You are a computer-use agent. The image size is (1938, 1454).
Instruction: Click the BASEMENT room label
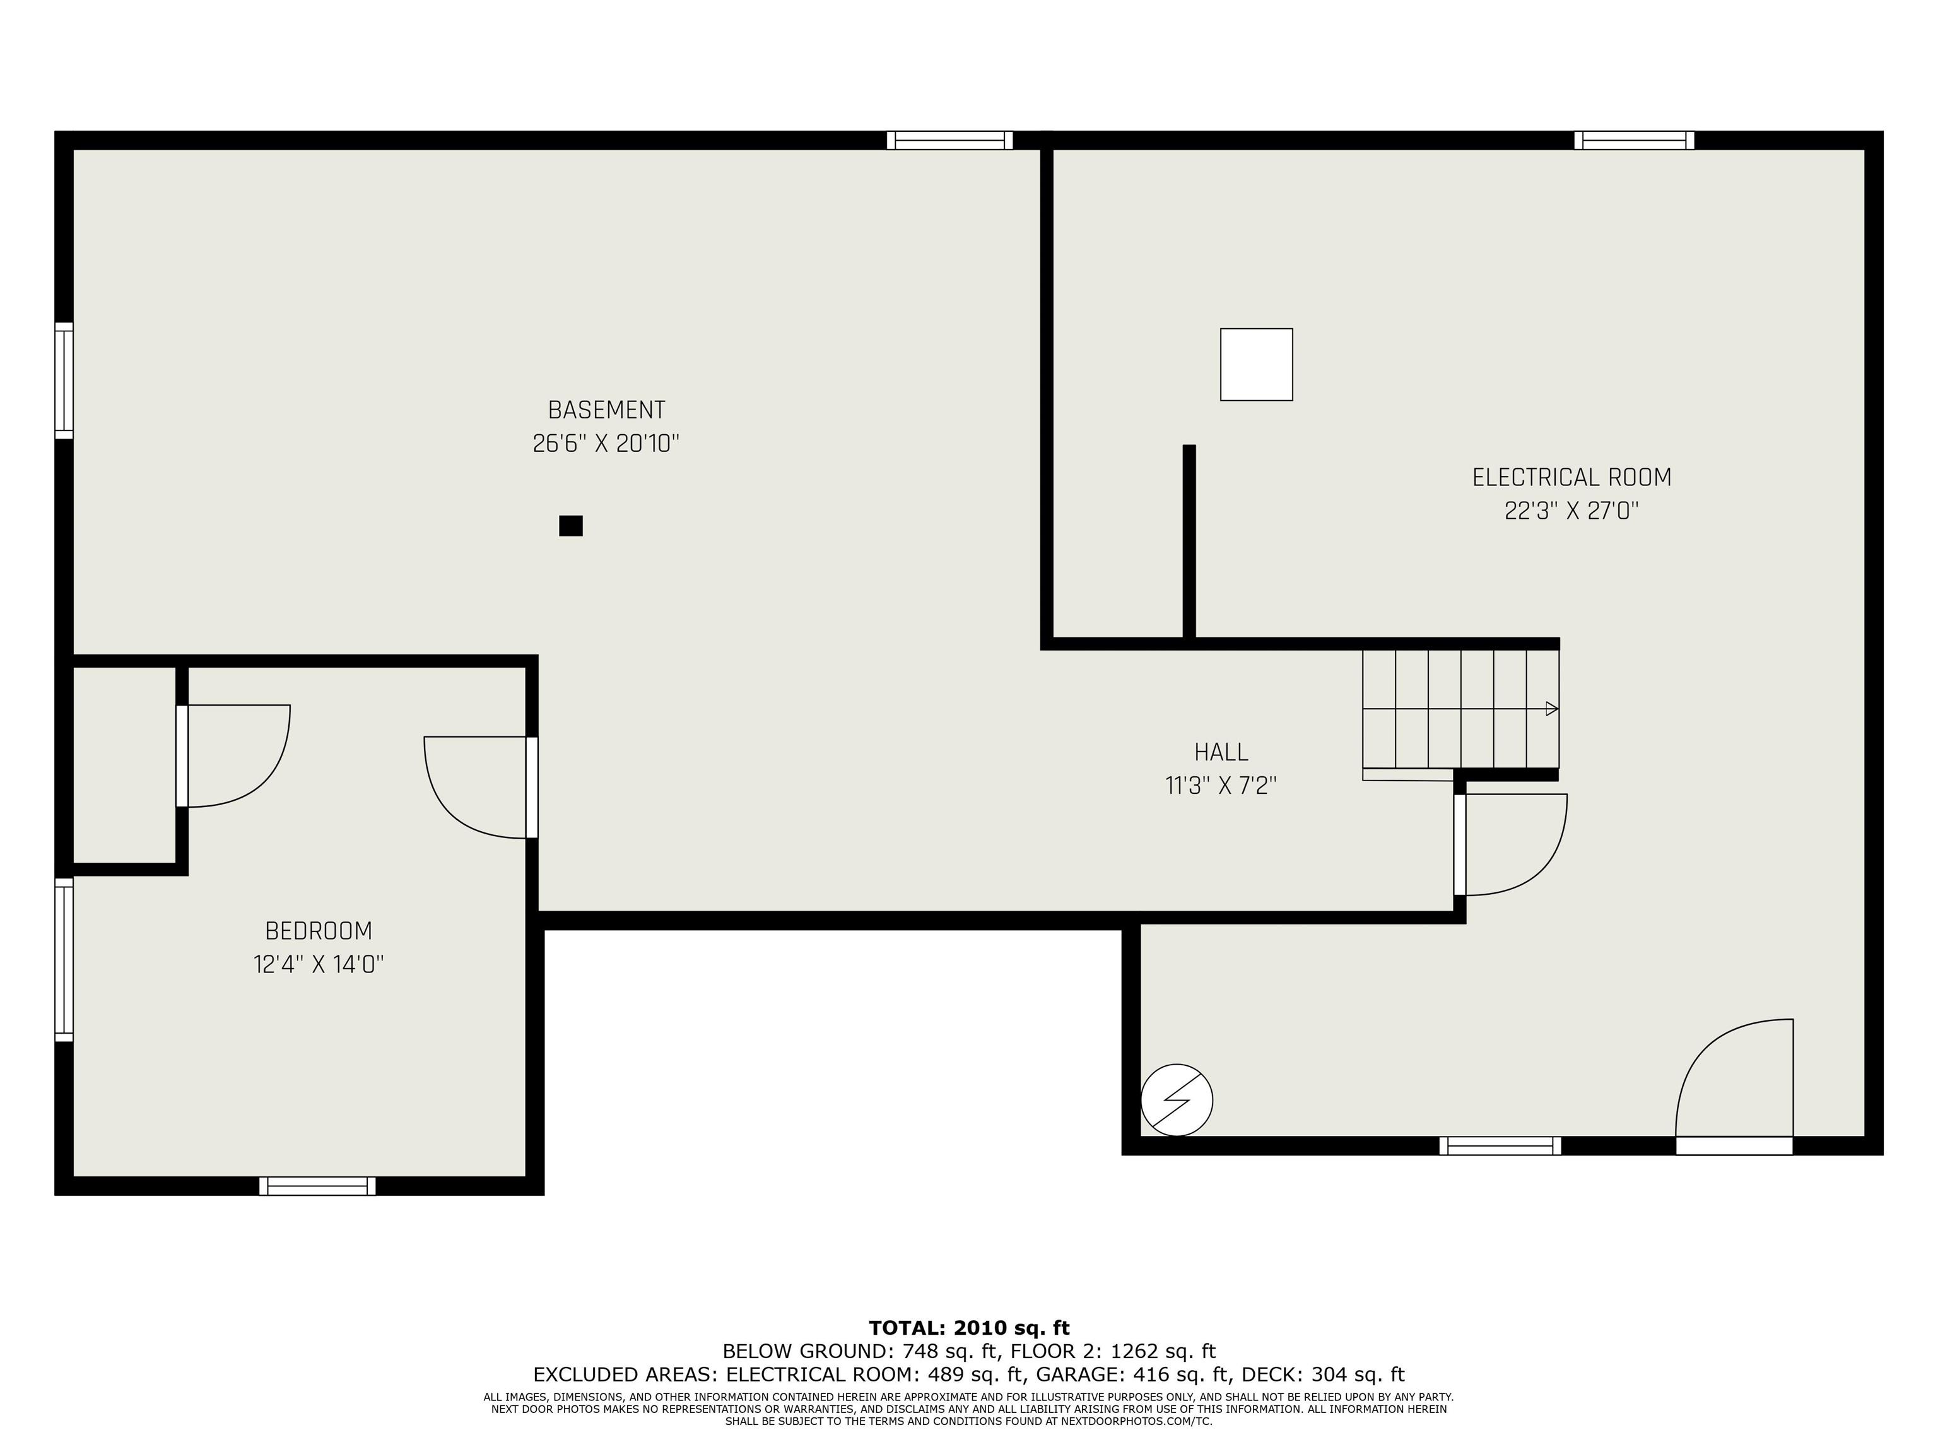click(606, 410)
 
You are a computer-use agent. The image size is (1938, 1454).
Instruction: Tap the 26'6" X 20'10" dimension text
click(606, 444)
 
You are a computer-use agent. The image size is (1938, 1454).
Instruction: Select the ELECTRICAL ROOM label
click(1571, 478)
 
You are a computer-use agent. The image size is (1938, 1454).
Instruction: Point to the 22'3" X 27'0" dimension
click(1571, 511)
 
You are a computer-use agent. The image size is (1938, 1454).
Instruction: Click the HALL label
click(1221, 752)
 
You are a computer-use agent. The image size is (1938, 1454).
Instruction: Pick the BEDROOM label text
click(319, 931)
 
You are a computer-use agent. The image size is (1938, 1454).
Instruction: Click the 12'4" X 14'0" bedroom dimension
click(319, 964)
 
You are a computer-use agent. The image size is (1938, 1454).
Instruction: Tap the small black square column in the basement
click(571, 526)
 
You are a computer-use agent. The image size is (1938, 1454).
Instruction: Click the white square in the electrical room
click(1257, 365)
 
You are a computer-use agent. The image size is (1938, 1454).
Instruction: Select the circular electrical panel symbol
click(1177, 1100)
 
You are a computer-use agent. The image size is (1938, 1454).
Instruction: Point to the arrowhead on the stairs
click(1552, 708)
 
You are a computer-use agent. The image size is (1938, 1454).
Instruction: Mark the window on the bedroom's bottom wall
click(317, 1186)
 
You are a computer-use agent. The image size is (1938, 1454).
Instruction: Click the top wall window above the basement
click(949, 140)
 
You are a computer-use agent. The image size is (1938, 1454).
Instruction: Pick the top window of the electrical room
click(1634, 140)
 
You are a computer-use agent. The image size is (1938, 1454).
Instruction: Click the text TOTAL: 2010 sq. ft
click(969, 1328)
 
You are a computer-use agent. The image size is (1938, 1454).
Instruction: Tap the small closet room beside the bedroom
click(124, 765)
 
